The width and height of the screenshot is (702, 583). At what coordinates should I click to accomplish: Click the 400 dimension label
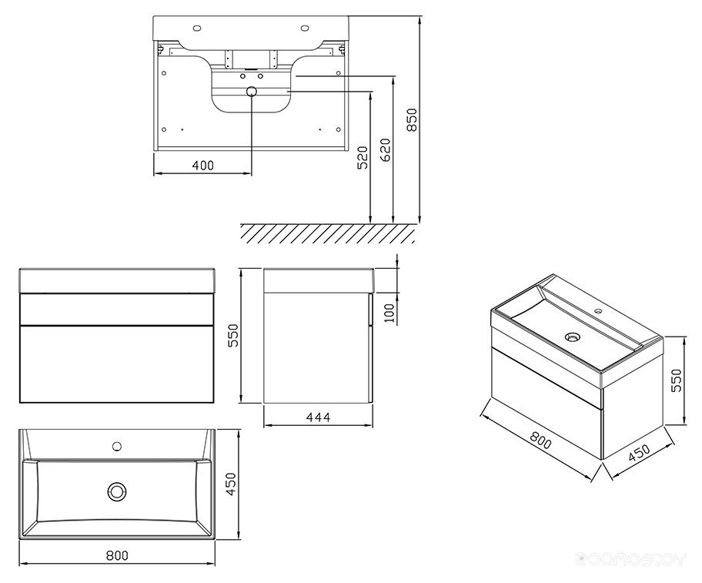(202, 166)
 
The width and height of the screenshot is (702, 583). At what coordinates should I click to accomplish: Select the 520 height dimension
(363, 157)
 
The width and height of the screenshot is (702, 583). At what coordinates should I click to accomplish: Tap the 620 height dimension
(385, 149)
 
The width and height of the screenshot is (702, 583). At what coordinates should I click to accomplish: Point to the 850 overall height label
(412, 119)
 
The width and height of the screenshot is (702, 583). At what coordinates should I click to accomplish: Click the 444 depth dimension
(319, 417)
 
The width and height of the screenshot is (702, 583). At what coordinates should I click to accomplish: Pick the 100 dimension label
(389, 313)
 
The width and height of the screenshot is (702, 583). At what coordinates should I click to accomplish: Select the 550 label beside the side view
(233, 336)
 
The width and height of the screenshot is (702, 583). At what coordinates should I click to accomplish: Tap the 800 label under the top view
(117, 556)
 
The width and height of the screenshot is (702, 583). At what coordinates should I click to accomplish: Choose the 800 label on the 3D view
(541, 441)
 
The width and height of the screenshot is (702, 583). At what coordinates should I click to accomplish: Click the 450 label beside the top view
(230, 484)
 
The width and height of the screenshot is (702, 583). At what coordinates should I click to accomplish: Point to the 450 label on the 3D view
(639, 452)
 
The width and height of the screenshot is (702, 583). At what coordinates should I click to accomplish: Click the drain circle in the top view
(117, 491)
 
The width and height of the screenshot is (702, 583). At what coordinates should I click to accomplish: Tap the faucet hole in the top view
(117, 446)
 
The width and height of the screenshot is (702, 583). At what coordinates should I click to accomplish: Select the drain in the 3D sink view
(572, 337)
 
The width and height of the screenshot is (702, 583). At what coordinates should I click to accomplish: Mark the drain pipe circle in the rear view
(252, 92)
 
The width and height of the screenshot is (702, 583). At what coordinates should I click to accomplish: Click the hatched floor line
(328, 233)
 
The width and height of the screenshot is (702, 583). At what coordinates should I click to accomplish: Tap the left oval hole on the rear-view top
(196, 28)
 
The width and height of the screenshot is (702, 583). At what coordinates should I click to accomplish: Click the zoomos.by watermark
(631, 559)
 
